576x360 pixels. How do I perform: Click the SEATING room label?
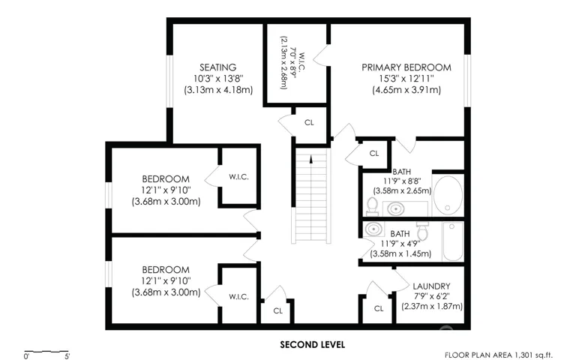[217, 67]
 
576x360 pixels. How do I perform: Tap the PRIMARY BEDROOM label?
[406, 67]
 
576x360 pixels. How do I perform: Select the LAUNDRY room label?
[431, 286]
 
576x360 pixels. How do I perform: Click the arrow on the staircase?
[311, 159]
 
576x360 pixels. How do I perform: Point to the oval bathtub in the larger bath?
[448, 195]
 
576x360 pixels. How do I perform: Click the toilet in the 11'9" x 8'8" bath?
[373, 206]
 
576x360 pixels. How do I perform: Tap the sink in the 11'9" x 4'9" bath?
[374, 229]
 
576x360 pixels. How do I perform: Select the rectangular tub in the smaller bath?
[453, 241]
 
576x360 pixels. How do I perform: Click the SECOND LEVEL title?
[312, 344]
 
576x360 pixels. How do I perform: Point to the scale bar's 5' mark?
[67, 356]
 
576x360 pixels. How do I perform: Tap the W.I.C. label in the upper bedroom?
[238, 177]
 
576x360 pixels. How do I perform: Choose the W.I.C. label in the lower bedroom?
[238, 296]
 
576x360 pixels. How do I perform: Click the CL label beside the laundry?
[379, 308]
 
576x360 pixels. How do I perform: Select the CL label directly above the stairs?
[309, 122]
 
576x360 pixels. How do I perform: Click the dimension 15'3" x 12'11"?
[406, 79]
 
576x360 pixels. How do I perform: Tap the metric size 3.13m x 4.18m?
[218, 90]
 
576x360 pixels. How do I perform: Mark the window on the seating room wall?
[169, 81]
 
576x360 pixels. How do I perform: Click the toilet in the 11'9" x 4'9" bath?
[422, 231]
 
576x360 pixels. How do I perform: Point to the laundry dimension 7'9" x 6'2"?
[432, 296]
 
